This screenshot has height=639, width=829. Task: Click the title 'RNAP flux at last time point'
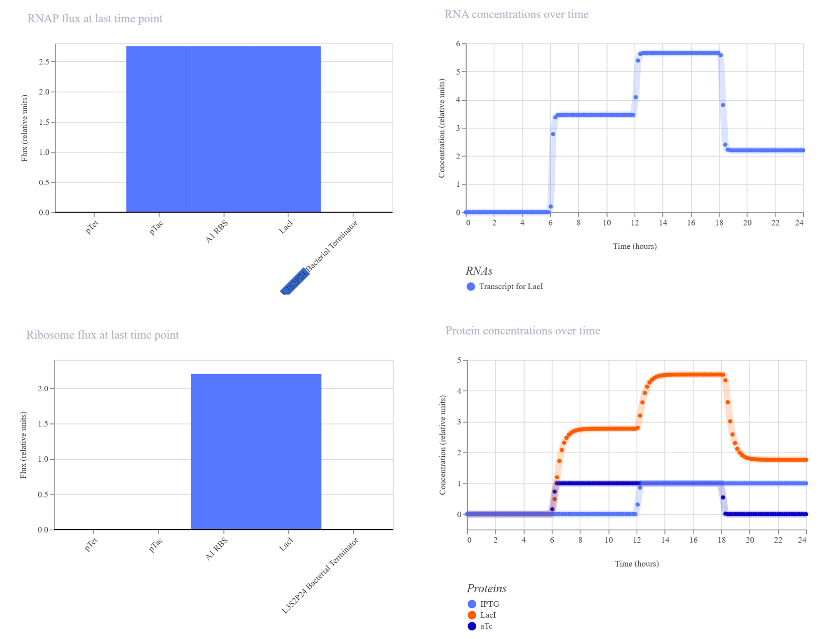tap(95, 18)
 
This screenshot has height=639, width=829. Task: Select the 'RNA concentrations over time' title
tap(516, 14)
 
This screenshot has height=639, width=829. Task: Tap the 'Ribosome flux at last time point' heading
tap(102, 334)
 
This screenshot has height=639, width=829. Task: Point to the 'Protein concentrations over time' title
tap(522, 330)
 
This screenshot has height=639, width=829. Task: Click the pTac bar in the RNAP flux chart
tap(159, 129)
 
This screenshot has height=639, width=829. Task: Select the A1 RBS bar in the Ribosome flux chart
tap(223, 451)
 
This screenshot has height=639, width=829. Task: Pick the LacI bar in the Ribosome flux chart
tap(288, 451)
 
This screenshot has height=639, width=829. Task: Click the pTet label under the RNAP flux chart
tap(92, 227)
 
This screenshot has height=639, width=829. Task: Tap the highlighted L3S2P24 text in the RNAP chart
tap(294, 281)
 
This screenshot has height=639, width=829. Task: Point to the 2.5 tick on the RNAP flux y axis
tap(44, 61)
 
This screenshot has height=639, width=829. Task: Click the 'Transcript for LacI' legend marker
tap(471, 287)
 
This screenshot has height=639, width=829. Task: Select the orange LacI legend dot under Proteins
tap(472, 615)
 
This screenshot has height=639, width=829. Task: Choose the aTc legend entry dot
tap(472, 626)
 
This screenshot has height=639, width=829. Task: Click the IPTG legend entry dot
tap(472, 604)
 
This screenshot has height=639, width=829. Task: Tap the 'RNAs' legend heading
tap(479, 271)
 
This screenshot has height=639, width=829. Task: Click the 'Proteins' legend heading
tap(486, 588)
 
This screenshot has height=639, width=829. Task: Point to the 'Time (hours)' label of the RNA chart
tap(635, 246)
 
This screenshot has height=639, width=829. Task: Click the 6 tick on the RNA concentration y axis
tap(458, 44)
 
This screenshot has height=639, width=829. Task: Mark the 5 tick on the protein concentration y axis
tap(460, 360)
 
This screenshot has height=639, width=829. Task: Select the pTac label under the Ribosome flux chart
tap(156, 545)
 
